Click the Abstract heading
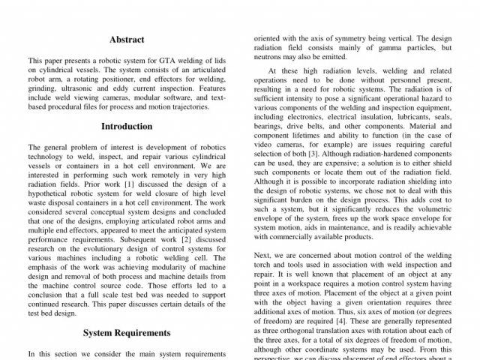tap(127, 39)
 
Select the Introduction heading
tap(127, 126)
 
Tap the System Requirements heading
tap(127, 332)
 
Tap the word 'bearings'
tap(272, 127)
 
